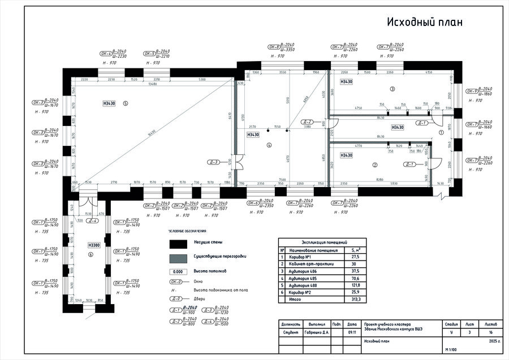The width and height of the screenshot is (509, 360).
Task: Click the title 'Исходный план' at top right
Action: tap(425, 23)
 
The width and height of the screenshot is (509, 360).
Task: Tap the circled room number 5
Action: tap(126, 103)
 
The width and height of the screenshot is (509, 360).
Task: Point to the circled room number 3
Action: tap(392, 90)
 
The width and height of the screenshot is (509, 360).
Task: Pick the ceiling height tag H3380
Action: tap(94, 245)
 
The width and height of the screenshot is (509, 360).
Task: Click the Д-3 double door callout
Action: tap(214, 162)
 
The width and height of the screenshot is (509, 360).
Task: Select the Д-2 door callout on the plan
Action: tap(308, 122)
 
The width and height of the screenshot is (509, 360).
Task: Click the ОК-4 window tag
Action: tap(106, 54)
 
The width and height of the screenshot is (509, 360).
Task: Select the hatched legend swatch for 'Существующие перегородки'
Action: tap(178, 257)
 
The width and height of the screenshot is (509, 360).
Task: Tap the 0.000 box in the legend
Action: tap(178, 272)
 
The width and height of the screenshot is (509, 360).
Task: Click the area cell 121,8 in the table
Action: tap(356, 285)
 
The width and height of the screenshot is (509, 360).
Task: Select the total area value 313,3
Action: tap(356, 299)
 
